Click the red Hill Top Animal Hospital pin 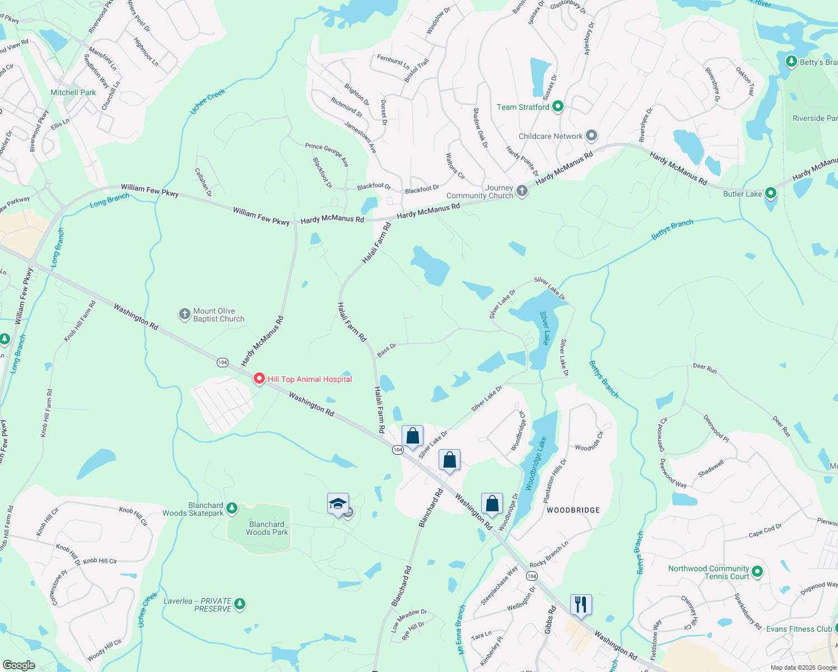point(259,379)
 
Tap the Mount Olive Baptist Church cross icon point(185,314)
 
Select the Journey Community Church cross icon point(522,191)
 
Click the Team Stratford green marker point(557,106)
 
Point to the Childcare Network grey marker point(591,136)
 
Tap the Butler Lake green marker point(771,193)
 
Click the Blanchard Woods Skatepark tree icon point(231,508)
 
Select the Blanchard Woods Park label point(267,528)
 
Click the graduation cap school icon point(338,503)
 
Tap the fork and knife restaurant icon point(580,604)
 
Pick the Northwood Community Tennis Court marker point(757,572)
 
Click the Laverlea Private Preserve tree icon point(240,604)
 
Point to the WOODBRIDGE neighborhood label point(573,510)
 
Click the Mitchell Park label point(73,92)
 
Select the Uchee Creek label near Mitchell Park point(207,101)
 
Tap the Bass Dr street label point(387,350)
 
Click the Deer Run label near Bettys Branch point(705,368)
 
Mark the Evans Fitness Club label point(799,629)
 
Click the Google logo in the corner point(19,665)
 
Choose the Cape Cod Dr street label point(765,530)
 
